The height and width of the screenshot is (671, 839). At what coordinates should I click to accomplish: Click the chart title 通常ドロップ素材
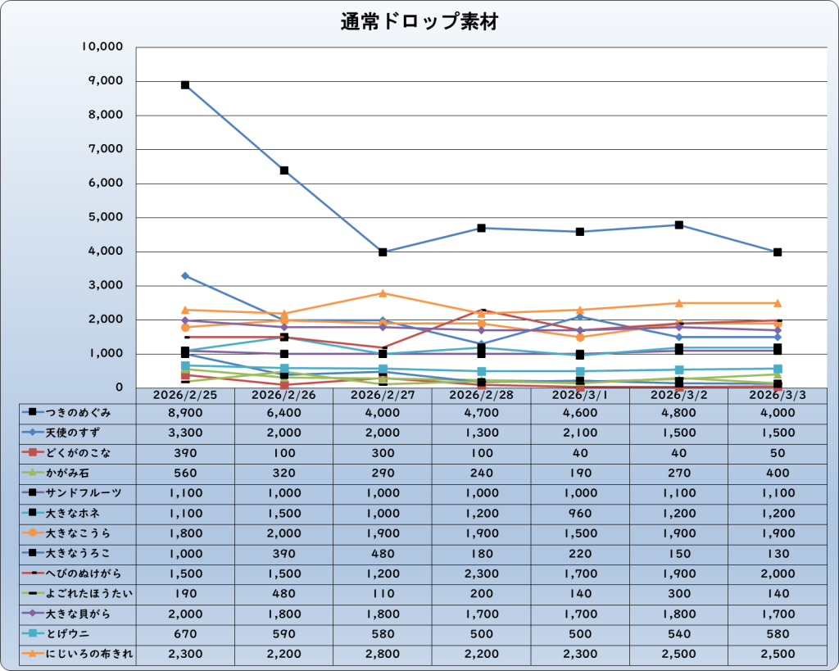point(419,22)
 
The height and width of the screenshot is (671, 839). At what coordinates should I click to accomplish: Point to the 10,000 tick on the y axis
point(102,47)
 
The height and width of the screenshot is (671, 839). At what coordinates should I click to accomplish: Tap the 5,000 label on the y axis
point(107,218)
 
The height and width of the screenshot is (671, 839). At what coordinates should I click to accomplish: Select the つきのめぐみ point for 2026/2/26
point(284,170)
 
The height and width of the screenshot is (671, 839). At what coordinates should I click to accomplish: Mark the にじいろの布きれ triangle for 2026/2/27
point(383,293)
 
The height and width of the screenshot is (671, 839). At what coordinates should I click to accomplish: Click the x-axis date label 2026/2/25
point(185,395)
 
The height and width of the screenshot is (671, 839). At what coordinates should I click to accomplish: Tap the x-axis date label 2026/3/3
point(777,395)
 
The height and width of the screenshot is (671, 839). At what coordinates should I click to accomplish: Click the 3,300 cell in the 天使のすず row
point(185,433)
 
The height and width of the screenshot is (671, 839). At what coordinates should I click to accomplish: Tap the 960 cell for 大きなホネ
point(580,513)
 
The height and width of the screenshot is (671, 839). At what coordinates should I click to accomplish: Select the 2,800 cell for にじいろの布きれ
point(383,653)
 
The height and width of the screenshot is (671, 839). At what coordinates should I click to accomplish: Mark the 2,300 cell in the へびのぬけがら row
point(481,573)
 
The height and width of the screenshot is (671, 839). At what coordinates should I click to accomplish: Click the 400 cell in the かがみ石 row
point(777,473)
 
